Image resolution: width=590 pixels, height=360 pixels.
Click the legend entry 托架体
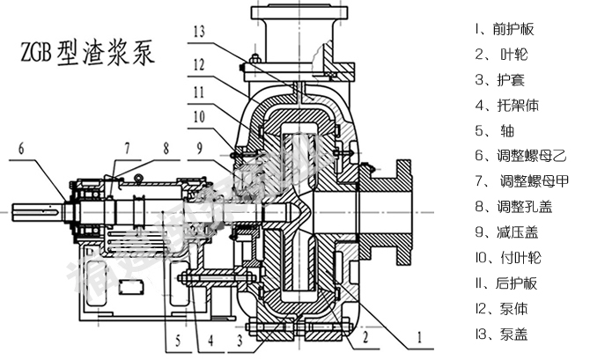tap(506, 106)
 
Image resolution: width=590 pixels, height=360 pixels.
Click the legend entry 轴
tap(494, 131)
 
